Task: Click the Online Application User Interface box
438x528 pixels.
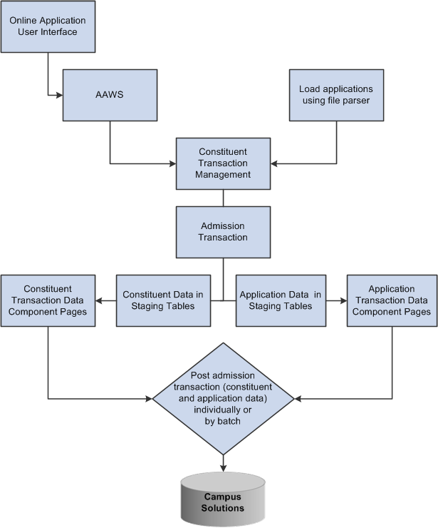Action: (48, 26)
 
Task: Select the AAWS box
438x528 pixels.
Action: (110, 95)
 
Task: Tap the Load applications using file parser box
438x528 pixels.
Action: (337, 95)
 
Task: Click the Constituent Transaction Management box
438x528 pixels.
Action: (224, 163)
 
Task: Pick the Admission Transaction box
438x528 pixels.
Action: (224, 232)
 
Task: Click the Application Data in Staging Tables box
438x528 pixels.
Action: (280, 300)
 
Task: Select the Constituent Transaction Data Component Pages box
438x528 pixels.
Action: (48, 300)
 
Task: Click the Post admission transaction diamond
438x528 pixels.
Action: (224, 397)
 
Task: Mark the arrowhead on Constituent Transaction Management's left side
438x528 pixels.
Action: (172, 163)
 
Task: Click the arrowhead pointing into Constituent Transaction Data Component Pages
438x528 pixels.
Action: (98, 300)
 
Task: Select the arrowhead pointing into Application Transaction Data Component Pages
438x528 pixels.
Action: (343, 300)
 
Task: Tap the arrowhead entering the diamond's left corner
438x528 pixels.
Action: (149, 397)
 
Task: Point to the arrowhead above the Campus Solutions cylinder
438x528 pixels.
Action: (224, 468)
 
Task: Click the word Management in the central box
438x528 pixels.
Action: (224, 173)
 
